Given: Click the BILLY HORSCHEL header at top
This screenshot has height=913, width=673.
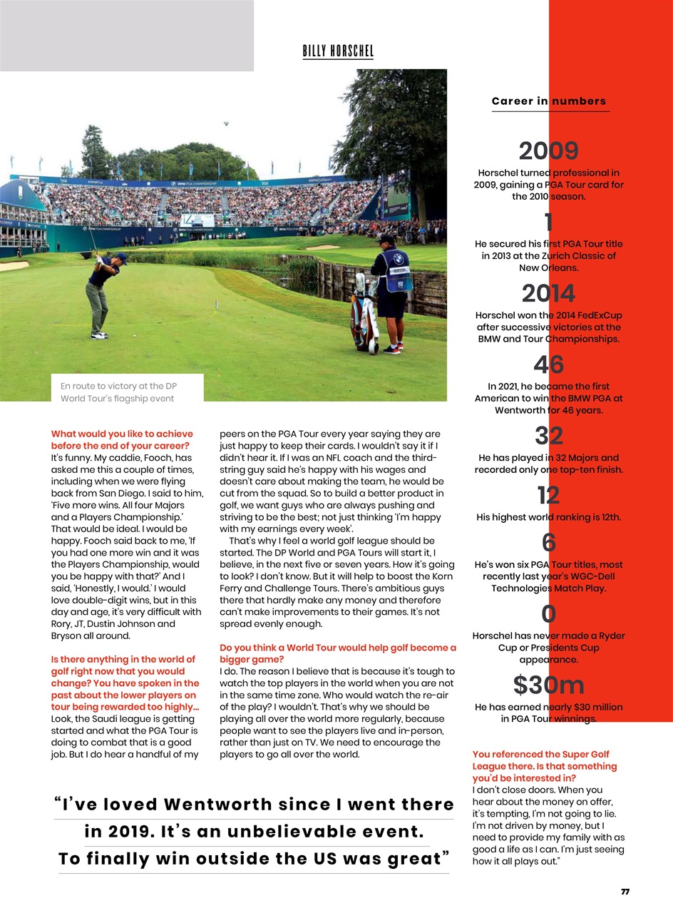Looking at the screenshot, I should coord(338,51).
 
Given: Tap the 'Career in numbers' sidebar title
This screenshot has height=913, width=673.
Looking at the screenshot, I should coord(549,101).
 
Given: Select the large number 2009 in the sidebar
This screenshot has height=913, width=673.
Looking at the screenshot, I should coord(548,151).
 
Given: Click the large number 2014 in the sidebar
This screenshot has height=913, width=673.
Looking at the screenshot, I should coord(548,293).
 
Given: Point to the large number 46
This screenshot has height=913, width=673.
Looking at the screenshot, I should coord(548,364).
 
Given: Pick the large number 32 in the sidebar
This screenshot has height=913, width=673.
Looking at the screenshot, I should coord(548,435).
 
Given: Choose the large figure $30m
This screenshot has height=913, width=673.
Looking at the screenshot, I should coord(548,685).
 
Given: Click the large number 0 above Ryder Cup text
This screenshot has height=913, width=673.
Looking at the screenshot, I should coord(548,613).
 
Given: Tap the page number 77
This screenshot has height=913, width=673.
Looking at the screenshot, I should coord(625,892).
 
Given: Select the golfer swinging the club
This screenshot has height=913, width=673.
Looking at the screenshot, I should coord(102,292).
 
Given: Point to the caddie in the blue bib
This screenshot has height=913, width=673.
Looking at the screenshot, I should coord(391,289).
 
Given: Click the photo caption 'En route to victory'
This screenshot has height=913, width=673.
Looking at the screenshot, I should coord(119,392).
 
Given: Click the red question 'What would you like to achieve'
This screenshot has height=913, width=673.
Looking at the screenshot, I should coord(122,439).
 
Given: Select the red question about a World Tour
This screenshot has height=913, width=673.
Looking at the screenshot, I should coord(337,653).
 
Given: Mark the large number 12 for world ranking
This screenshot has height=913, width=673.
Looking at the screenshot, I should coord(548,494).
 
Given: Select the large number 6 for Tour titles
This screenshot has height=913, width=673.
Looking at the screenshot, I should coord(548,542).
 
